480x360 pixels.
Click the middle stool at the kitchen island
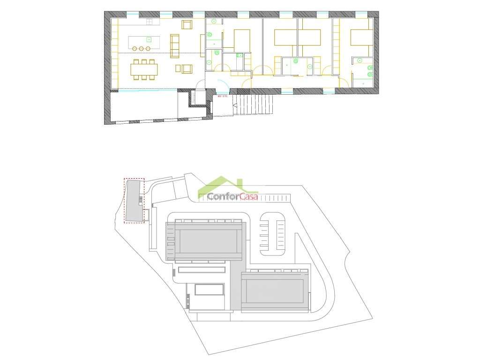point(141,48)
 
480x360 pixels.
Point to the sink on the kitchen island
point(149,39)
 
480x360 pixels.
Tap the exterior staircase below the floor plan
point(255,104)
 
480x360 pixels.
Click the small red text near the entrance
point(222,96)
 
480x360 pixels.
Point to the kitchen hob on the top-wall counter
point(150,22)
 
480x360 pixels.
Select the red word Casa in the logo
point(248,197)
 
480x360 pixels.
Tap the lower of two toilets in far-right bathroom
point(370,74)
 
